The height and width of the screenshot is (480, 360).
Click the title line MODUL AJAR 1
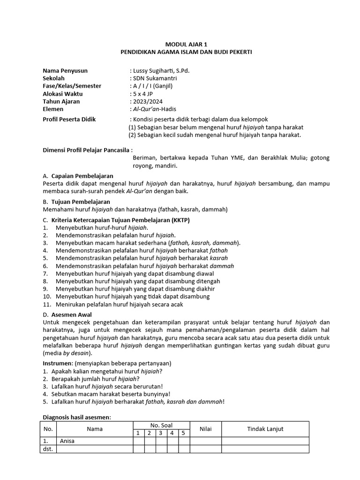point(186,44)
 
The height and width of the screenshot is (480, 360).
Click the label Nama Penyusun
point(65,71)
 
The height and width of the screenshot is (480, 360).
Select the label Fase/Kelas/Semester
point(72,86)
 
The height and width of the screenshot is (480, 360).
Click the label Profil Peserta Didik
point(69,120)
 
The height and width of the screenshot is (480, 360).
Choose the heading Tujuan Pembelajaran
point(81,202)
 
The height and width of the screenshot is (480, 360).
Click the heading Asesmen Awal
point(71,315)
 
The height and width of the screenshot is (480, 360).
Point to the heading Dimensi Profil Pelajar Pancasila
point(87,150)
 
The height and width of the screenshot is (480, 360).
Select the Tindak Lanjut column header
point(265,429)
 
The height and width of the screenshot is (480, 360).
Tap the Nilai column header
point(206,429)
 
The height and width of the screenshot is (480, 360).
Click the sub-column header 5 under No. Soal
point(184,433)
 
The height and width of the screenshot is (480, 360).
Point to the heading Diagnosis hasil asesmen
point(77,417)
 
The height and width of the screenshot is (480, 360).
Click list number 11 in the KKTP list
point(47,304)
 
